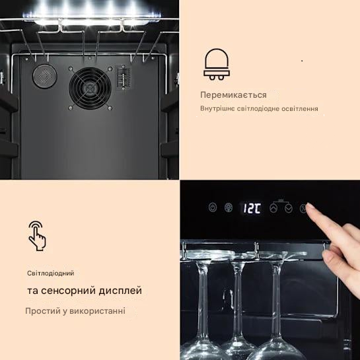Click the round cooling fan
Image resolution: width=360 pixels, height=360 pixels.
90,88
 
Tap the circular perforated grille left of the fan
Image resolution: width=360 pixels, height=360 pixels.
44,76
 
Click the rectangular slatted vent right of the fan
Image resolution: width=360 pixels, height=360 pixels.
124,78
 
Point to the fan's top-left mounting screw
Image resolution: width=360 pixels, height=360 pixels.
71,69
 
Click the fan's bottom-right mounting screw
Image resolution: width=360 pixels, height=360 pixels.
110,108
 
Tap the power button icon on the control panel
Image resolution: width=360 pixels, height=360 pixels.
213,207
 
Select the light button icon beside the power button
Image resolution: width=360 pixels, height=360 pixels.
229,207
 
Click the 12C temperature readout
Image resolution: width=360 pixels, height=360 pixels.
252,208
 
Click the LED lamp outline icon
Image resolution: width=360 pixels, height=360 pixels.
217,64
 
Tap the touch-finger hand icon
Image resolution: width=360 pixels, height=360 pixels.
37,236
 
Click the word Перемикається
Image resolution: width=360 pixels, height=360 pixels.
233,95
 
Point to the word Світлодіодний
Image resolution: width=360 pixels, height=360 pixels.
50,273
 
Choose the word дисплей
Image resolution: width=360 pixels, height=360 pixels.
120,291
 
